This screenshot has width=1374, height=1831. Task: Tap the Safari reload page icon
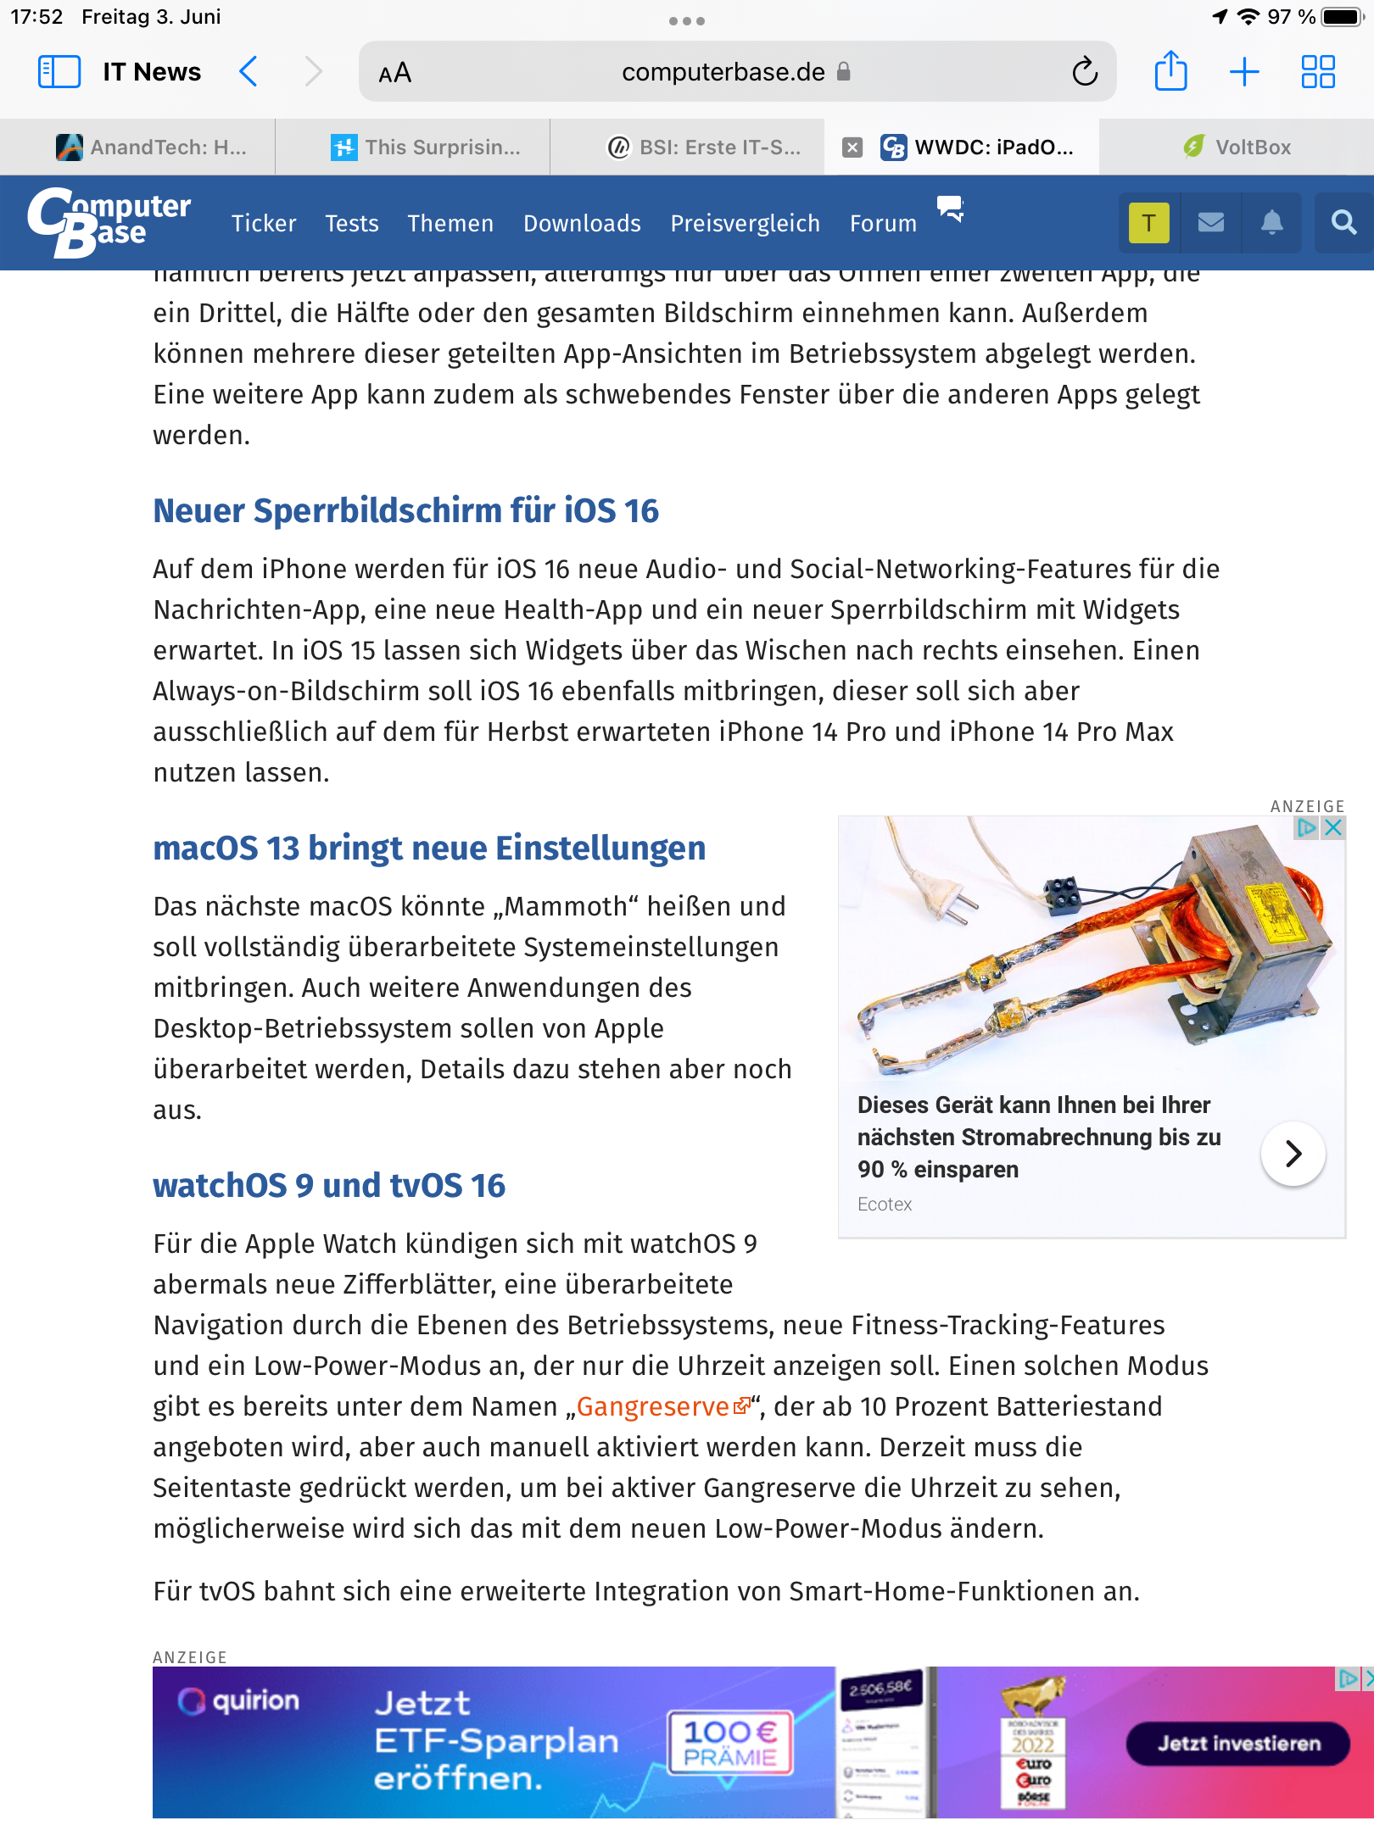click(1084, 72)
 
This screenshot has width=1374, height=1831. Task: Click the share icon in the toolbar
click(1170, 71)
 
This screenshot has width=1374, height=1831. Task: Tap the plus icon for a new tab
click(1244, 72)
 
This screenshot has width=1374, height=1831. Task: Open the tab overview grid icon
click(1318, 72)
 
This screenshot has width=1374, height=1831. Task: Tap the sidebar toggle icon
click(59, 72)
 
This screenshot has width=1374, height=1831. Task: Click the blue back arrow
click(249, 72)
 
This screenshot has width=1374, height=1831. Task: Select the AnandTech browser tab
click(153, 147)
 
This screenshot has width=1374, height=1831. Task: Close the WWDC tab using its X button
click(852, 147)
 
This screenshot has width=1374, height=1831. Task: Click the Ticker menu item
click(264, 224)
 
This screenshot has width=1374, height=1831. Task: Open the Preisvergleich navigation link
click(745, 224)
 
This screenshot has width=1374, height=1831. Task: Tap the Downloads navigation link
click(582, 224)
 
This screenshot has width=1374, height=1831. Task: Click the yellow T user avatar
click(1148, 223)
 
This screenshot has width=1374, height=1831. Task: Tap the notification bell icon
click(1271, 223)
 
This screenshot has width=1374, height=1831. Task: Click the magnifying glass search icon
click(1343, 223)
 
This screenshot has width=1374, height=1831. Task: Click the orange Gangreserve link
click(653, 1407)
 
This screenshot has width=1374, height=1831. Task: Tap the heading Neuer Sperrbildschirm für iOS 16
click(405, 511)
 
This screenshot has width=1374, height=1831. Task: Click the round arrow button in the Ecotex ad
click(1293, 1154)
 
